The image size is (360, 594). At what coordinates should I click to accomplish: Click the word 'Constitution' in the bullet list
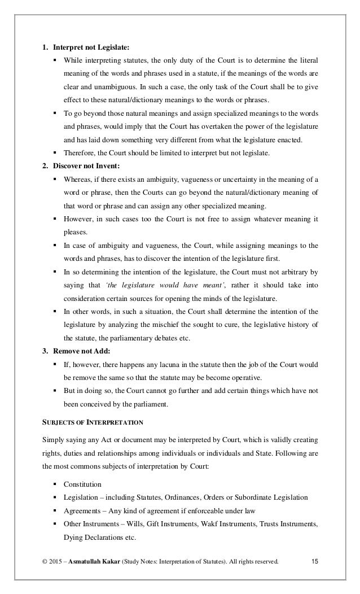(82, 484)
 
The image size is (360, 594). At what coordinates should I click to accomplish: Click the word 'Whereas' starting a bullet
(77, 179)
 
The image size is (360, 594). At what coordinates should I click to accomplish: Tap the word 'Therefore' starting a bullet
(79, 152)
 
